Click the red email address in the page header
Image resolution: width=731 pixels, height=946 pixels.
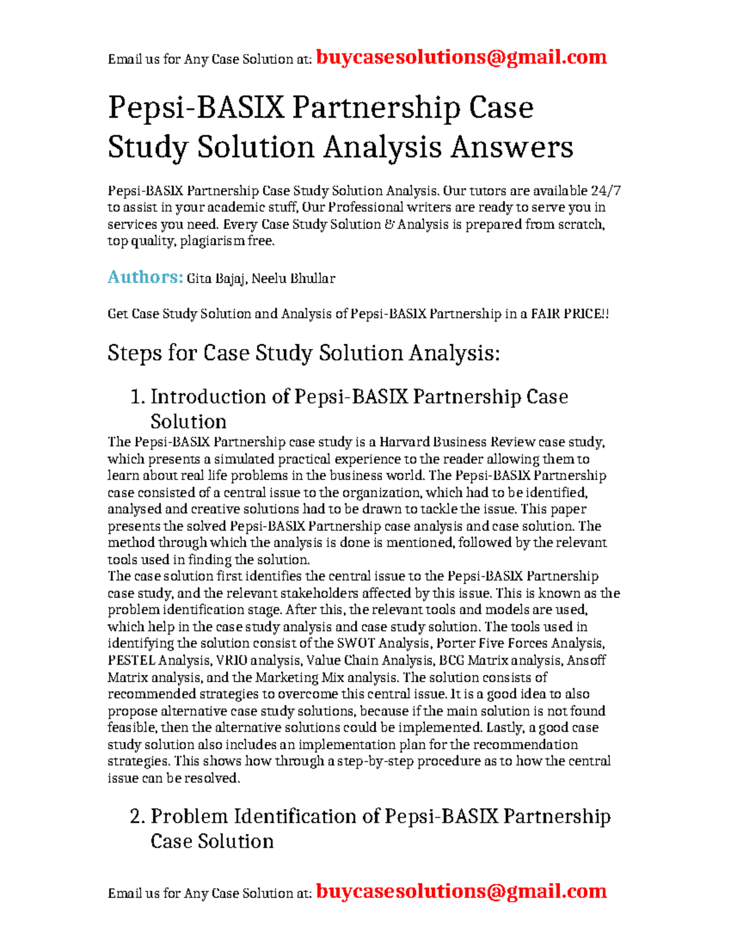click(461, 57)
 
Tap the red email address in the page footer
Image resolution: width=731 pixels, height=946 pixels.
click(461, 891)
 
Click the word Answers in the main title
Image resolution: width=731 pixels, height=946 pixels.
click(511, 147)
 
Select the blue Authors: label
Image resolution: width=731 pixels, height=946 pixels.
click(145, 278)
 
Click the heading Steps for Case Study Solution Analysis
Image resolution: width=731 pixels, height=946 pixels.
click(303, 353)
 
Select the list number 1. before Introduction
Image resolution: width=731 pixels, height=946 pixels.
click(138, 397)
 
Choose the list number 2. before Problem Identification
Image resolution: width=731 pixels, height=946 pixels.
click(138, 817)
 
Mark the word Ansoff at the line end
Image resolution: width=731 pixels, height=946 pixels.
click(586, 660)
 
